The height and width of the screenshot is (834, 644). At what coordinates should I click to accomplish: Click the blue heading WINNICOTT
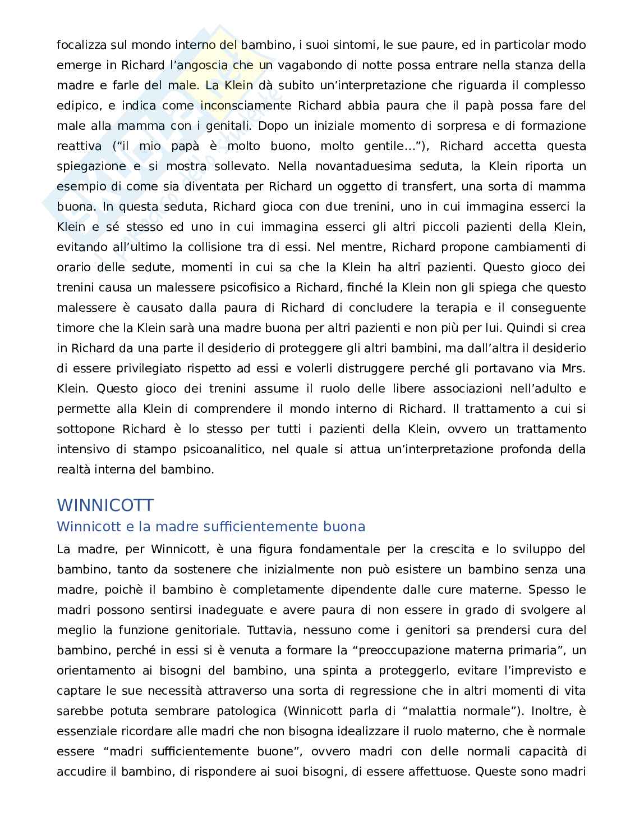105,505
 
